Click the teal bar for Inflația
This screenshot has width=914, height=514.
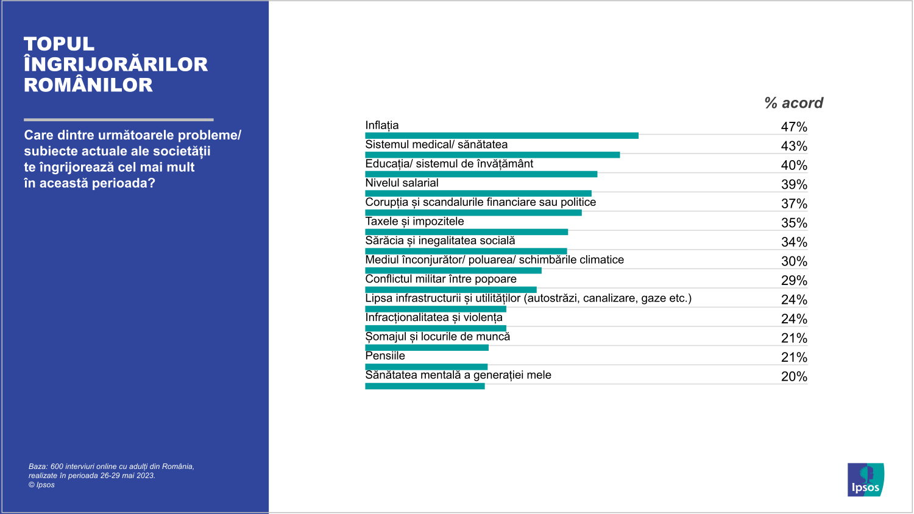point(501,136)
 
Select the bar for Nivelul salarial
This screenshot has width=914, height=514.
point(478,194)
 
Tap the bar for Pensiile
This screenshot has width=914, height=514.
point(426,367)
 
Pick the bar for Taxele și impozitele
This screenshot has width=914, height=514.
point(466,232)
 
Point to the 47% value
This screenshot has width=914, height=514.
point(794,127)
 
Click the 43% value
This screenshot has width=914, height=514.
point(794,146)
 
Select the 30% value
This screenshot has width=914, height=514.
point(794,261)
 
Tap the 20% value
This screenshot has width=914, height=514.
point(794,376)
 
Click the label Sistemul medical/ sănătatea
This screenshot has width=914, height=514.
point(436,145)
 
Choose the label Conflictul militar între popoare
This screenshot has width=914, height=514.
point(441,279)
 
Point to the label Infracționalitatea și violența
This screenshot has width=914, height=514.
point(434,317)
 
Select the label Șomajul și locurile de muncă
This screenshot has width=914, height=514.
point(438,337)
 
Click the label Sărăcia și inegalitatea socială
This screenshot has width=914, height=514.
point(440,241)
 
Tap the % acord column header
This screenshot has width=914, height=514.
point(793,103)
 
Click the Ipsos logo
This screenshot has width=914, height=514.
point(865,480)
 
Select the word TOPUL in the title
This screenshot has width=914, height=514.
point(59,44)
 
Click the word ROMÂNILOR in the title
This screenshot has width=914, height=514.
point(88,85)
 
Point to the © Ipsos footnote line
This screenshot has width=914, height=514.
point(41,485)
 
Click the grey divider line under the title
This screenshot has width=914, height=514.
point(119,119)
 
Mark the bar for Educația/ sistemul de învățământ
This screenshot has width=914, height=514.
point(481,174)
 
